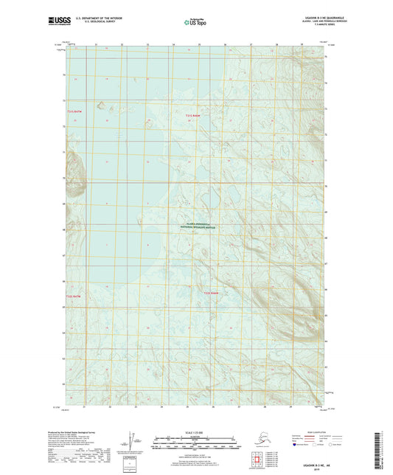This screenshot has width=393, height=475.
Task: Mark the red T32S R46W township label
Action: tap(211, 294)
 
